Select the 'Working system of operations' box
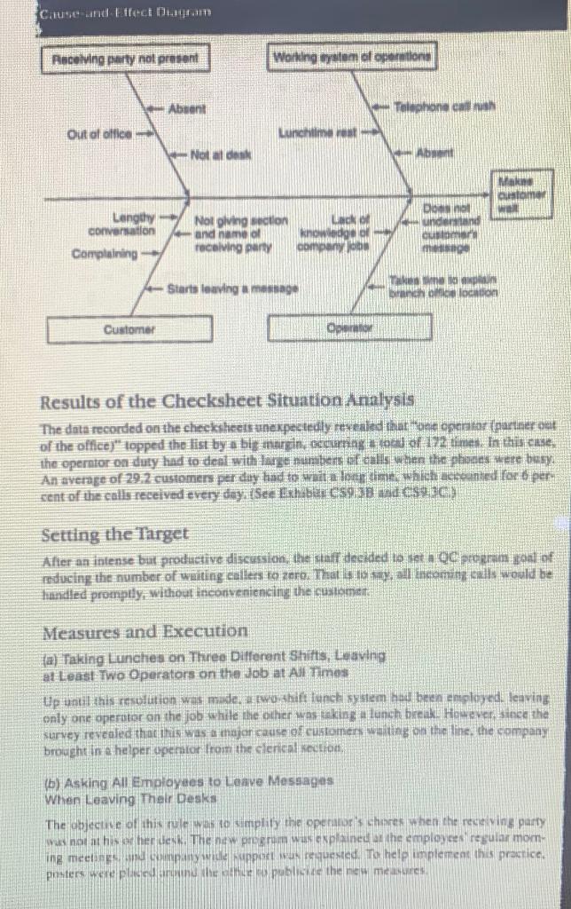point(351,59)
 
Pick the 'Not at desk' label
point(221,156)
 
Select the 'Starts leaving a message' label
point(233,289)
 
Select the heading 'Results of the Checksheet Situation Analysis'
point(227,400)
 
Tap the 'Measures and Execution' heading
point(145,631)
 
